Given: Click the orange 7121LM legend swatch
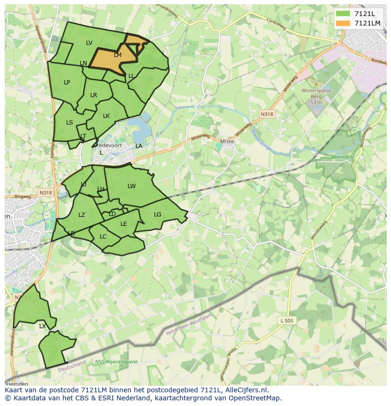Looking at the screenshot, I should pyautogui.click(x=343, y=23).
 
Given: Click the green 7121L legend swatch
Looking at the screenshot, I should pyautogui.click(x=343, y=14).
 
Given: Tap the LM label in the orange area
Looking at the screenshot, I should pyautogui.click(x=118, y=55).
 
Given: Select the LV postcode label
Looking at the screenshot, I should pyautogui.click(x=89, y=43).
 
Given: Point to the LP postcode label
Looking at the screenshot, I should pyautogui.click(x=67, y=83).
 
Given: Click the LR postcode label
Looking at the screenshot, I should pyautogui.click(x=93, y=95).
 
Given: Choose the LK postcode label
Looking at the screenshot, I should pyautogui.click(x=106, y=116).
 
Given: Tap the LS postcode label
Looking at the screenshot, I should pyautogui.click(x=69, y=123).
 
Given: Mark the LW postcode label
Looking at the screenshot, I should pyautogui.click(x=131, y=186).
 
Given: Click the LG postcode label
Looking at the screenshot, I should pyautogui.click(x=158, y=215).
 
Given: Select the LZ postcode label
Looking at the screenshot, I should pyautogui.click(x=82, y=215).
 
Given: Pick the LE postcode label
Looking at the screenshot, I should pyautogui.click(x=124, y=224).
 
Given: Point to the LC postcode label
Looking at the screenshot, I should pyautogui.click(x=103, y=237).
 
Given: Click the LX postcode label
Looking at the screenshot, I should pyautogui.click(x=42, y=326).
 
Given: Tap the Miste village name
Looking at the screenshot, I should pyautogui.click(x=227, y=141).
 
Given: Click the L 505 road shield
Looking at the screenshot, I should pyautogui.click(x=287, y=321).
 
